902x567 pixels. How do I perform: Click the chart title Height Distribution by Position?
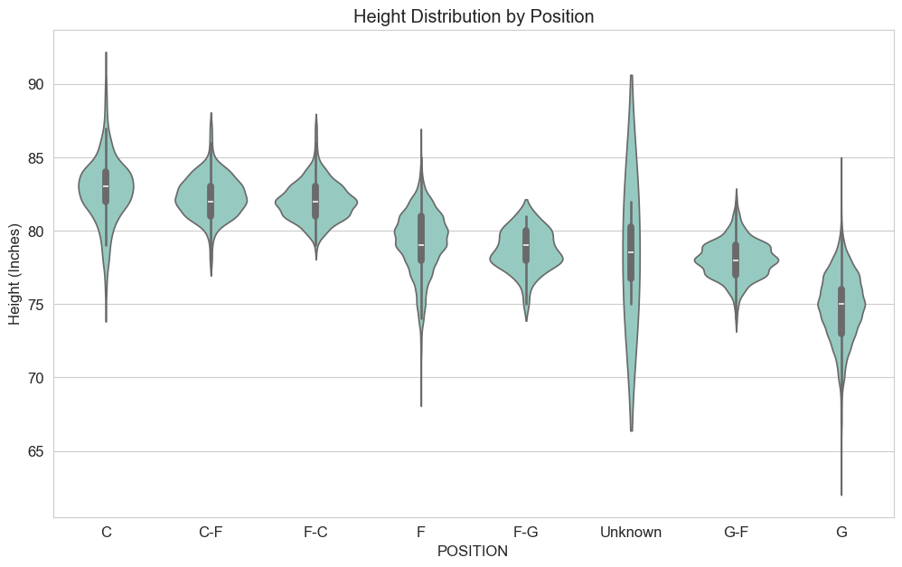pyautogui.click(x=473, y=16)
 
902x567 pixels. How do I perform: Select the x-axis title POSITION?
pyautogui.click(x=473, y=551)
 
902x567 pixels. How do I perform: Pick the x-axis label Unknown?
pyautogui.click(x=631, y=533)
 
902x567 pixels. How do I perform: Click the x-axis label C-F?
pyautogui.click(x=211, y=533)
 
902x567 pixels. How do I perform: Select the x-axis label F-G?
pyautogui.click(x=526, y=533)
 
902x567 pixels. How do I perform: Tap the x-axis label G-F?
pyautogui.click(x=737, y=533)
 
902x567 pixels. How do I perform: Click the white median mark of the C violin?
pyautogui.click(x=106, y=186)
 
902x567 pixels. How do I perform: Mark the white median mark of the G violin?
pyautogui.click(x=841, y=304)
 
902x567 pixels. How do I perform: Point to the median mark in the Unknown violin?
pyautogui.click(x=631, y=252)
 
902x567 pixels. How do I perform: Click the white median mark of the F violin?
pyautogui.click(x=421, y=245)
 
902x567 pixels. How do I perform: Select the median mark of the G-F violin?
pyautogui.click(x=736, y=260)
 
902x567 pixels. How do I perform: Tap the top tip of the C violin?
pyautogui.click(x=106, y=52)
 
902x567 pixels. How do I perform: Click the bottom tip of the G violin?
pyautogui.click(x=841, y=495)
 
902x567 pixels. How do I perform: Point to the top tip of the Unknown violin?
pyautogui.click(x=631, y=75)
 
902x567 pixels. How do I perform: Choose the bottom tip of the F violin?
pyautogui.click(x=421, y=406)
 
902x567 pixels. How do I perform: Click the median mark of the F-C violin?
pyautogui.click(x=315, y=202)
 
